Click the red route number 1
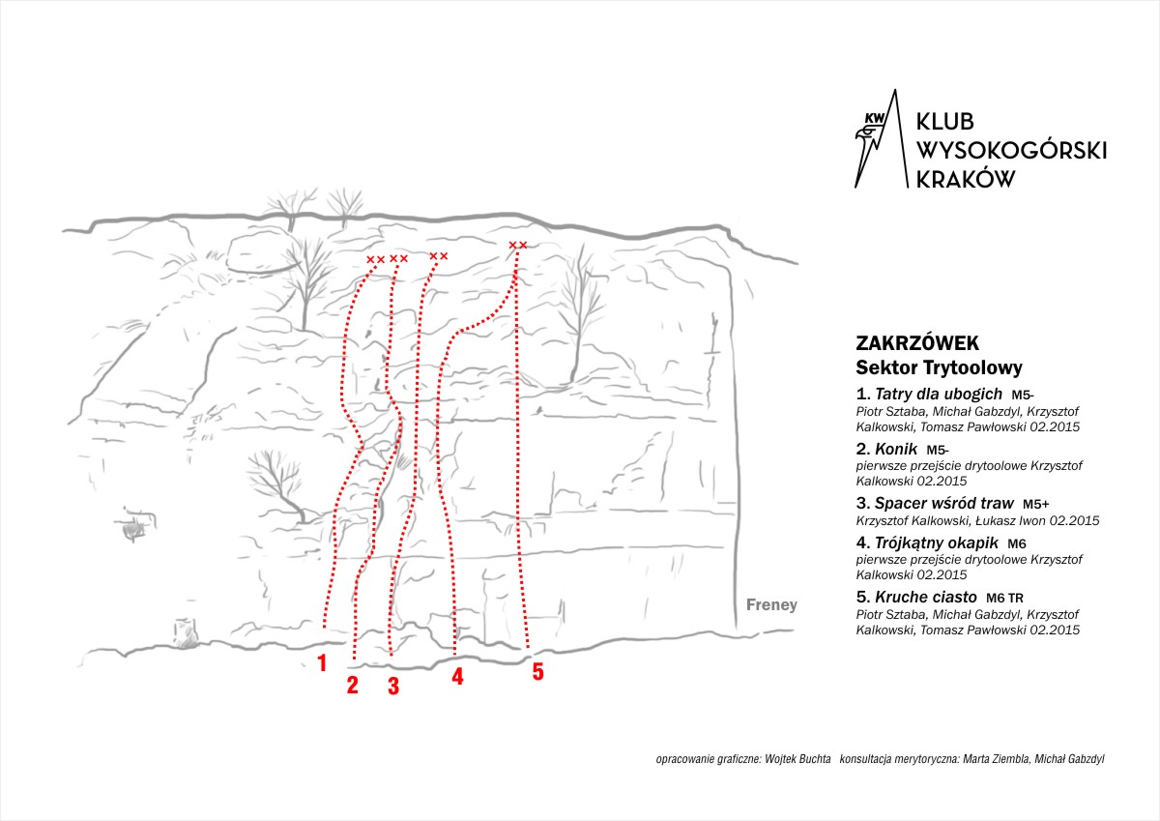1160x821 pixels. tap(322, 663)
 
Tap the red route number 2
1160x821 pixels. tap(353, 685)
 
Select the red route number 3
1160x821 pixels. tap(393, 686)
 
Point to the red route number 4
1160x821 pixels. tap(457, 676)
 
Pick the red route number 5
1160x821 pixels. tap(538, 672)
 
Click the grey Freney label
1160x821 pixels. tap(771, 605)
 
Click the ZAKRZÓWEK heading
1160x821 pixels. tap(917, 343)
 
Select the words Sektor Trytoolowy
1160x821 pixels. tap(939, 367)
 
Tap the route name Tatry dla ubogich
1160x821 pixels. tap(939, 395)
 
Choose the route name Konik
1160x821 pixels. tap(896, 449)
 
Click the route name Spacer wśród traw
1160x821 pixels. tap(944, 503)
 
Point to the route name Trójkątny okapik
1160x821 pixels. tap(937, 542)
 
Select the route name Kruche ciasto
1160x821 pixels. tap(926, 598)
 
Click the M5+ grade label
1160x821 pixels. tap(1035, 504)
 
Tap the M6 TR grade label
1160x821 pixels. tap(1004, 599)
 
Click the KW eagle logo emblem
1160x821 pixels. tap(881, 139)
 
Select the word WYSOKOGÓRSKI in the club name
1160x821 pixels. tap(1011, 151)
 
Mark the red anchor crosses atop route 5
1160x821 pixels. tap(518, 245)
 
